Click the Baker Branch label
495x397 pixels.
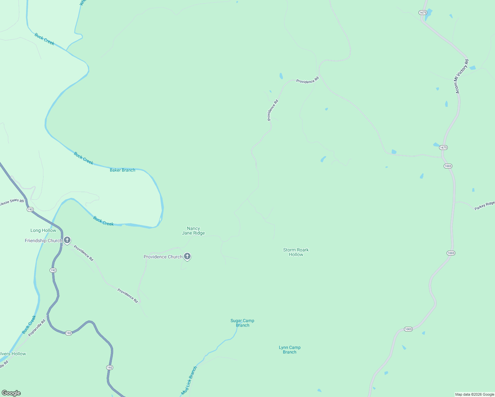[x=122, y=170]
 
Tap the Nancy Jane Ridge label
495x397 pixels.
[x=194, y=231]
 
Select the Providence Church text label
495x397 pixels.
[x=163, y=257]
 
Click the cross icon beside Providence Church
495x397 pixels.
[x=187, y=256]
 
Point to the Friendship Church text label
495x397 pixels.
[x=43, y=241]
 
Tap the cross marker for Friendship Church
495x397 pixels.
[x=67, y=240]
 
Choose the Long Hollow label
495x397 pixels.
[x=43, y=230]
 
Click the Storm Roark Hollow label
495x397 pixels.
[x=296, y=252]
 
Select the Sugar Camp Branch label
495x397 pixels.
[x=243, y=323]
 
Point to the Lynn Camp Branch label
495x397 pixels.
[x=290, y=350]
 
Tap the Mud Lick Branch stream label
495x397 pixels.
[x=189, y=380]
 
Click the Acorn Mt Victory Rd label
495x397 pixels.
[x=461, y=76]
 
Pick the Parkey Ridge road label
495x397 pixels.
[x=484, y=206]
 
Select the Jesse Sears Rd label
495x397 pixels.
[x=12, y=202]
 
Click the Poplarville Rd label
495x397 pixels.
[x=37, y=328]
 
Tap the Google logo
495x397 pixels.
[x=11, y=393]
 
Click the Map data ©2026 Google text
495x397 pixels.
[x=474, y=394]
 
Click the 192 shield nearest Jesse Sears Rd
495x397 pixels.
[x=30, y=209]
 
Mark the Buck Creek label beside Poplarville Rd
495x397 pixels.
[x=29, y=325]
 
